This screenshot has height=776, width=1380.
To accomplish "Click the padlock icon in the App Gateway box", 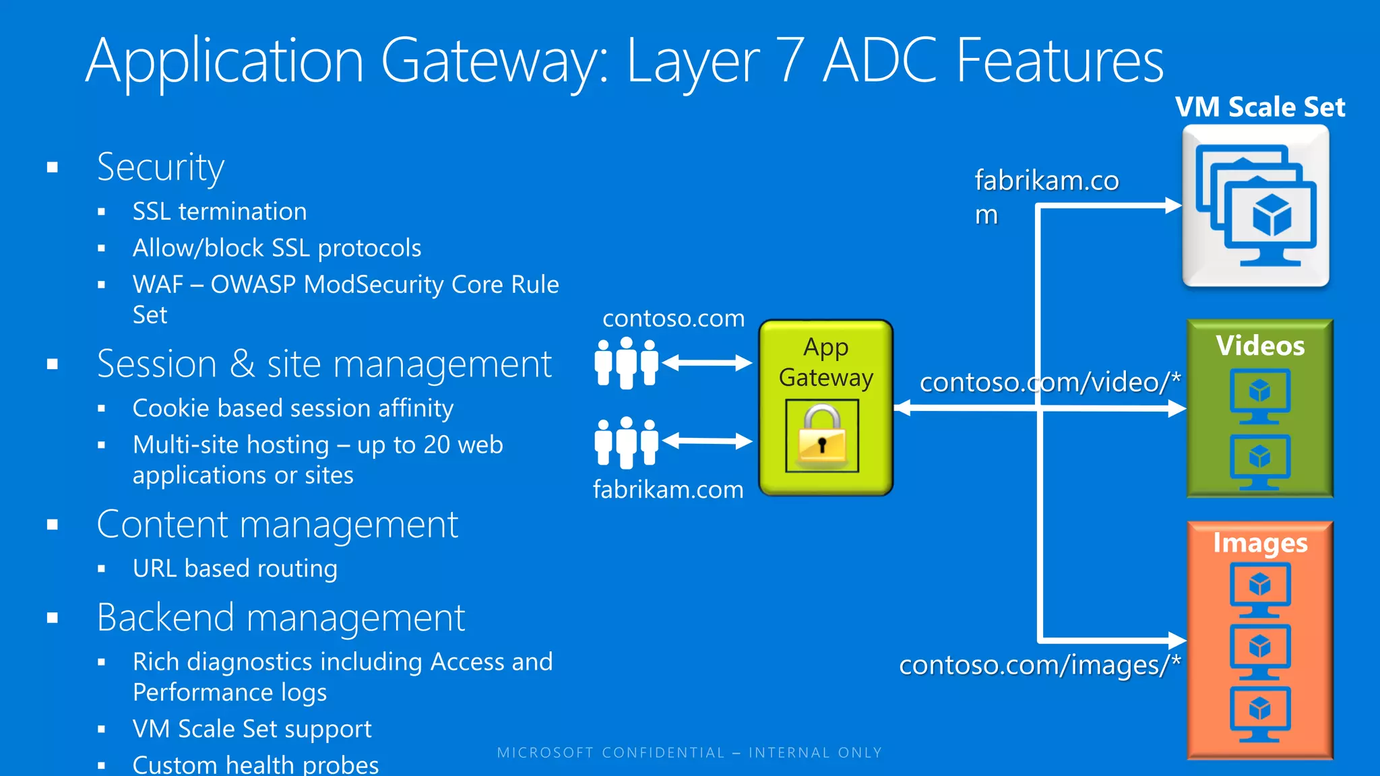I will pos(821,437).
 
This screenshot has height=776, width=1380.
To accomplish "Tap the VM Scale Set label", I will pos(1259,107).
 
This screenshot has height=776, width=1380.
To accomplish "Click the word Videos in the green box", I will pos(1259,346).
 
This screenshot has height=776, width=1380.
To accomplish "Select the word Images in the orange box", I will pos(1259,543).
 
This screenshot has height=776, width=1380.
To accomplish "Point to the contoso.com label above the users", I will pos(673,318).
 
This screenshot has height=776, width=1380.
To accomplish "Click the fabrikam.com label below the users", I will pos(668,490).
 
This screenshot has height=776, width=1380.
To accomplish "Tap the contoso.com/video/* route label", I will pos(1049,383).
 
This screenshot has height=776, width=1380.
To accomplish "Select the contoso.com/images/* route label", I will pos(1039,666).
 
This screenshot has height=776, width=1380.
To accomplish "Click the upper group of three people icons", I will pos(626,363).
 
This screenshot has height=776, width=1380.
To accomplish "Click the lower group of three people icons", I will pos(626,442).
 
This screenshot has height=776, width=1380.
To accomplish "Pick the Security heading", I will pos(160,167).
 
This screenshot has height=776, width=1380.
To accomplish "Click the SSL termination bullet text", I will pos(220,212).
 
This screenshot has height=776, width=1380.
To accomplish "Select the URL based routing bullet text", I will pos(234,569).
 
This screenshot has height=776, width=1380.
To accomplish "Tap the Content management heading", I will pos(277,525).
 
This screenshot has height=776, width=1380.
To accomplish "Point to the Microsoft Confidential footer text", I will pos(689,752).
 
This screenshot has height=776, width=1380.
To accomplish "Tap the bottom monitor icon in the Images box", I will pos(1259,713).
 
